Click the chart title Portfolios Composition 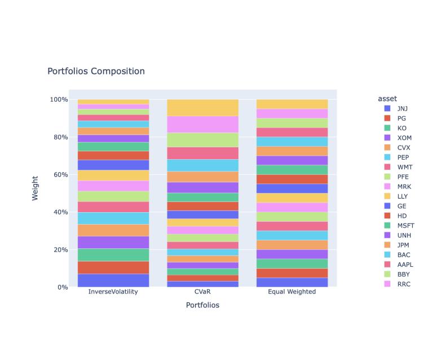pos(96,72)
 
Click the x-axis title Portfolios pos(202,305)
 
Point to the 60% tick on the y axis pos(59,175)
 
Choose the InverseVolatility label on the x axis pos(113,292)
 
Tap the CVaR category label pos(203,292)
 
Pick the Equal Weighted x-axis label pos(292,292)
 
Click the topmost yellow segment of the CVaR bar pos(203,108)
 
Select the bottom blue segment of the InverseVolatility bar pos(113,280)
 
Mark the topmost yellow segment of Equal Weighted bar pos(292,104)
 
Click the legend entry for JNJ pos(402,108)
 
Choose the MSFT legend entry pos(405,226)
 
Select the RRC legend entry pos(403,284)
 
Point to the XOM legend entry pos(403,137)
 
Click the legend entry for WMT pos(404,167)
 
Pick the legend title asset pos(388,99)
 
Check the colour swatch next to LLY pos(387,196)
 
